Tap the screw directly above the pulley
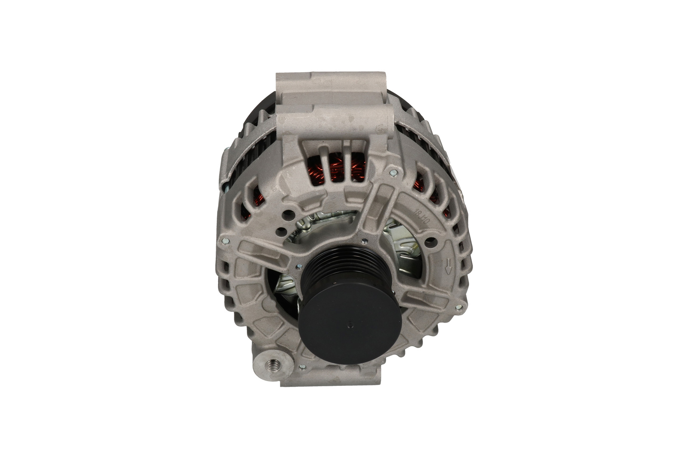(364, 240)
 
